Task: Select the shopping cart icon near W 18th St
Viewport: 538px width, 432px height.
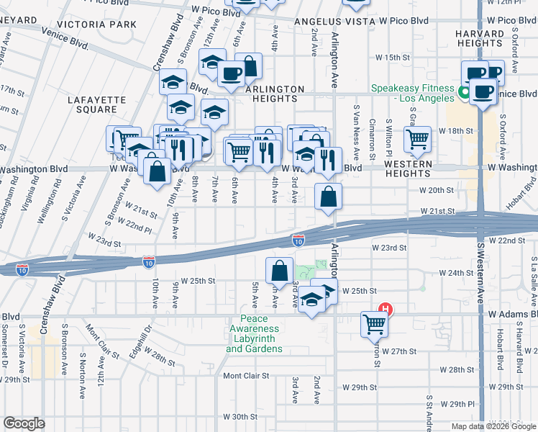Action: pyautogui.click(x=417, y=139)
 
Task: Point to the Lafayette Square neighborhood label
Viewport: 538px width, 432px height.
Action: pyautogui.click(x=91, y=104)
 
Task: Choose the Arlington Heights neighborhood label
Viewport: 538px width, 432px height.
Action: pyautogui.click(x=275, y=94)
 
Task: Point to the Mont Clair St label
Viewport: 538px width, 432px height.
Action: pyautogui.click(x=245, y=376)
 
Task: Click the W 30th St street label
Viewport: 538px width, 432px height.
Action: pyautogui.click(x=240, y=417)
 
